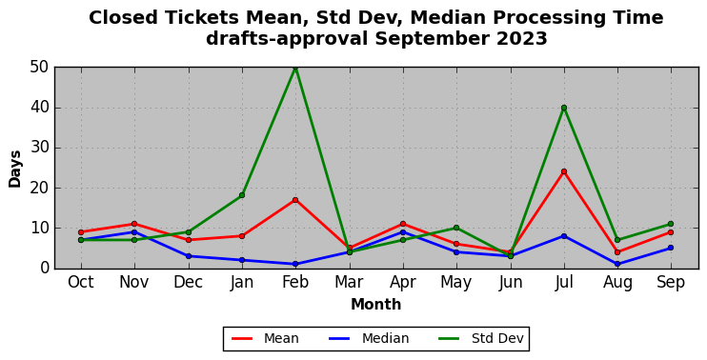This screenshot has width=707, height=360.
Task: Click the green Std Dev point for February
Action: pos(295,68)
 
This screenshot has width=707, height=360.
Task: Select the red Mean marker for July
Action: pos(564,171)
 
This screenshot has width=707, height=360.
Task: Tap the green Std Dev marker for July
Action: pos(564,108)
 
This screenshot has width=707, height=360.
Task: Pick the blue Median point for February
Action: pos(295,264)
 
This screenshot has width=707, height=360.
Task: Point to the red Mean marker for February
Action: pos(295,200)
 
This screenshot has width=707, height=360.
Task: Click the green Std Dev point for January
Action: pos(242,195)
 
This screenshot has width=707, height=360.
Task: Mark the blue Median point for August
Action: pos(617,264)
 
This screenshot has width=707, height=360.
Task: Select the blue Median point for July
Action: pos(564,235)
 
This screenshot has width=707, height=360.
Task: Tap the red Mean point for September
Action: pos(671,232)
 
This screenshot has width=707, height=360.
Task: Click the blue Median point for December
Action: pos(188,256)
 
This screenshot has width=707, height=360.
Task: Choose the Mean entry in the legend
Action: pos(265,338)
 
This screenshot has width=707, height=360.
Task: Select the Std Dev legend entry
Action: pos(481,338)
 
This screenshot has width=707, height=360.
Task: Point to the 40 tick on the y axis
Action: pos(40,109)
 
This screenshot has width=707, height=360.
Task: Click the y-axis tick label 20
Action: pos(40,189)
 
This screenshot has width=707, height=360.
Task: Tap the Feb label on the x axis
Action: pos(295,283)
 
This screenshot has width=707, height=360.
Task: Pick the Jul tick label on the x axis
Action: pos(564,283)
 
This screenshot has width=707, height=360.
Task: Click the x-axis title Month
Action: pos(376,305)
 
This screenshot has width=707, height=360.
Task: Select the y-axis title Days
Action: pos(15,169)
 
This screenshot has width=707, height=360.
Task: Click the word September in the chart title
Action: pos(433,39)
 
